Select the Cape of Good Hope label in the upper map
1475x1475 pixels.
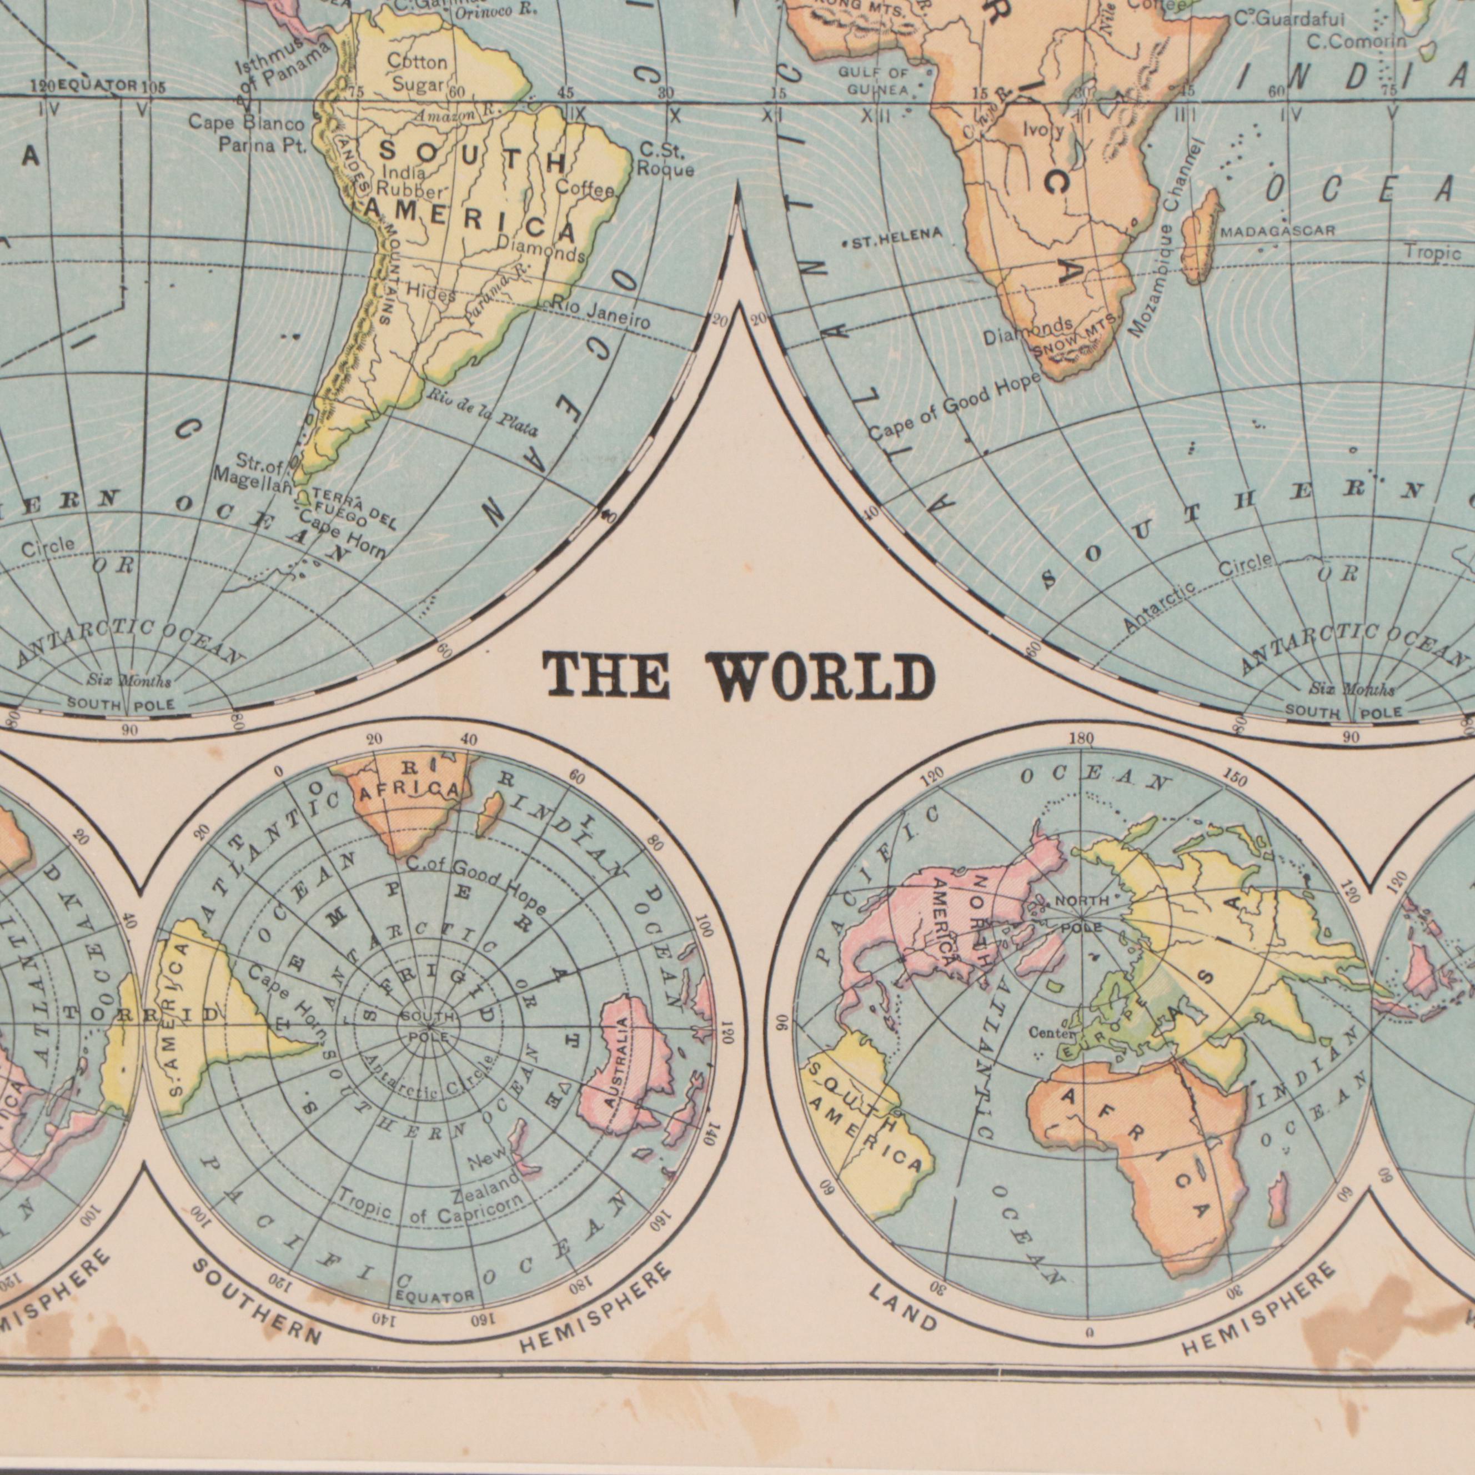(954, 408)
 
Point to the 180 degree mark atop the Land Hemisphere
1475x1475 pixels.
(1082, 739)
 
